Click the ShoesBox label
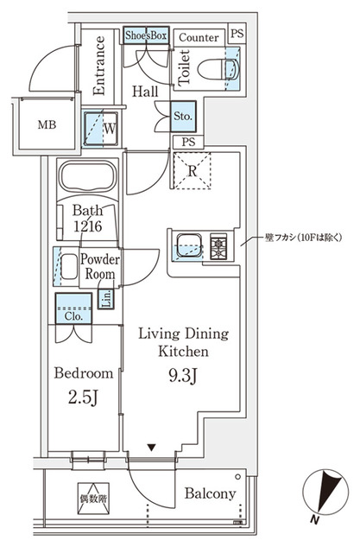145,35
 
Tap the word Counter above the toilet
198,37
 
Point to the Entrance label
98,64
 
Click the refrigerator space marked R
193,170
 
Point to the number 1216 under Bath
88,225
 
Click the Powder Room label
99,266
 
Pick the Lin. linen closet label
104,299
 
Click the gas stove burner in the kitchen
219,247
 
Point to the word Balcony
210,493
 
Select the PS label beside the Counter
237,35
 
